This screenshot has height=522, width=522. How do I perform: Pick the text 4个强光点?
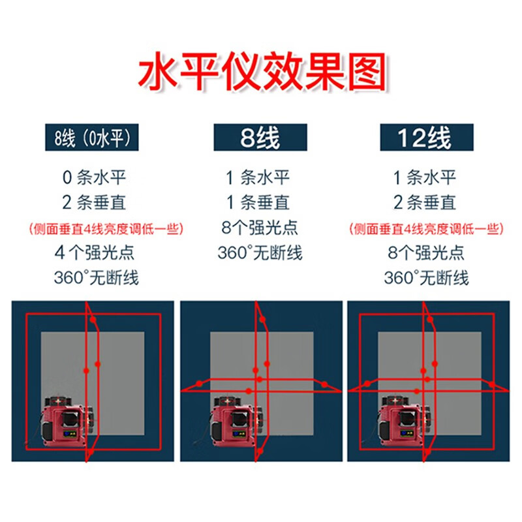coord(96,253)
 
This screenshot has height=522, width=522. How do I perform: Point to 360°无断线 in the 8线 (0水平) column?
coord(96,278)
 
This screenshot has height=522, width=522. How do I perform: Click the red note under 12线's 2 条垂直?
coord(425,228)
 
